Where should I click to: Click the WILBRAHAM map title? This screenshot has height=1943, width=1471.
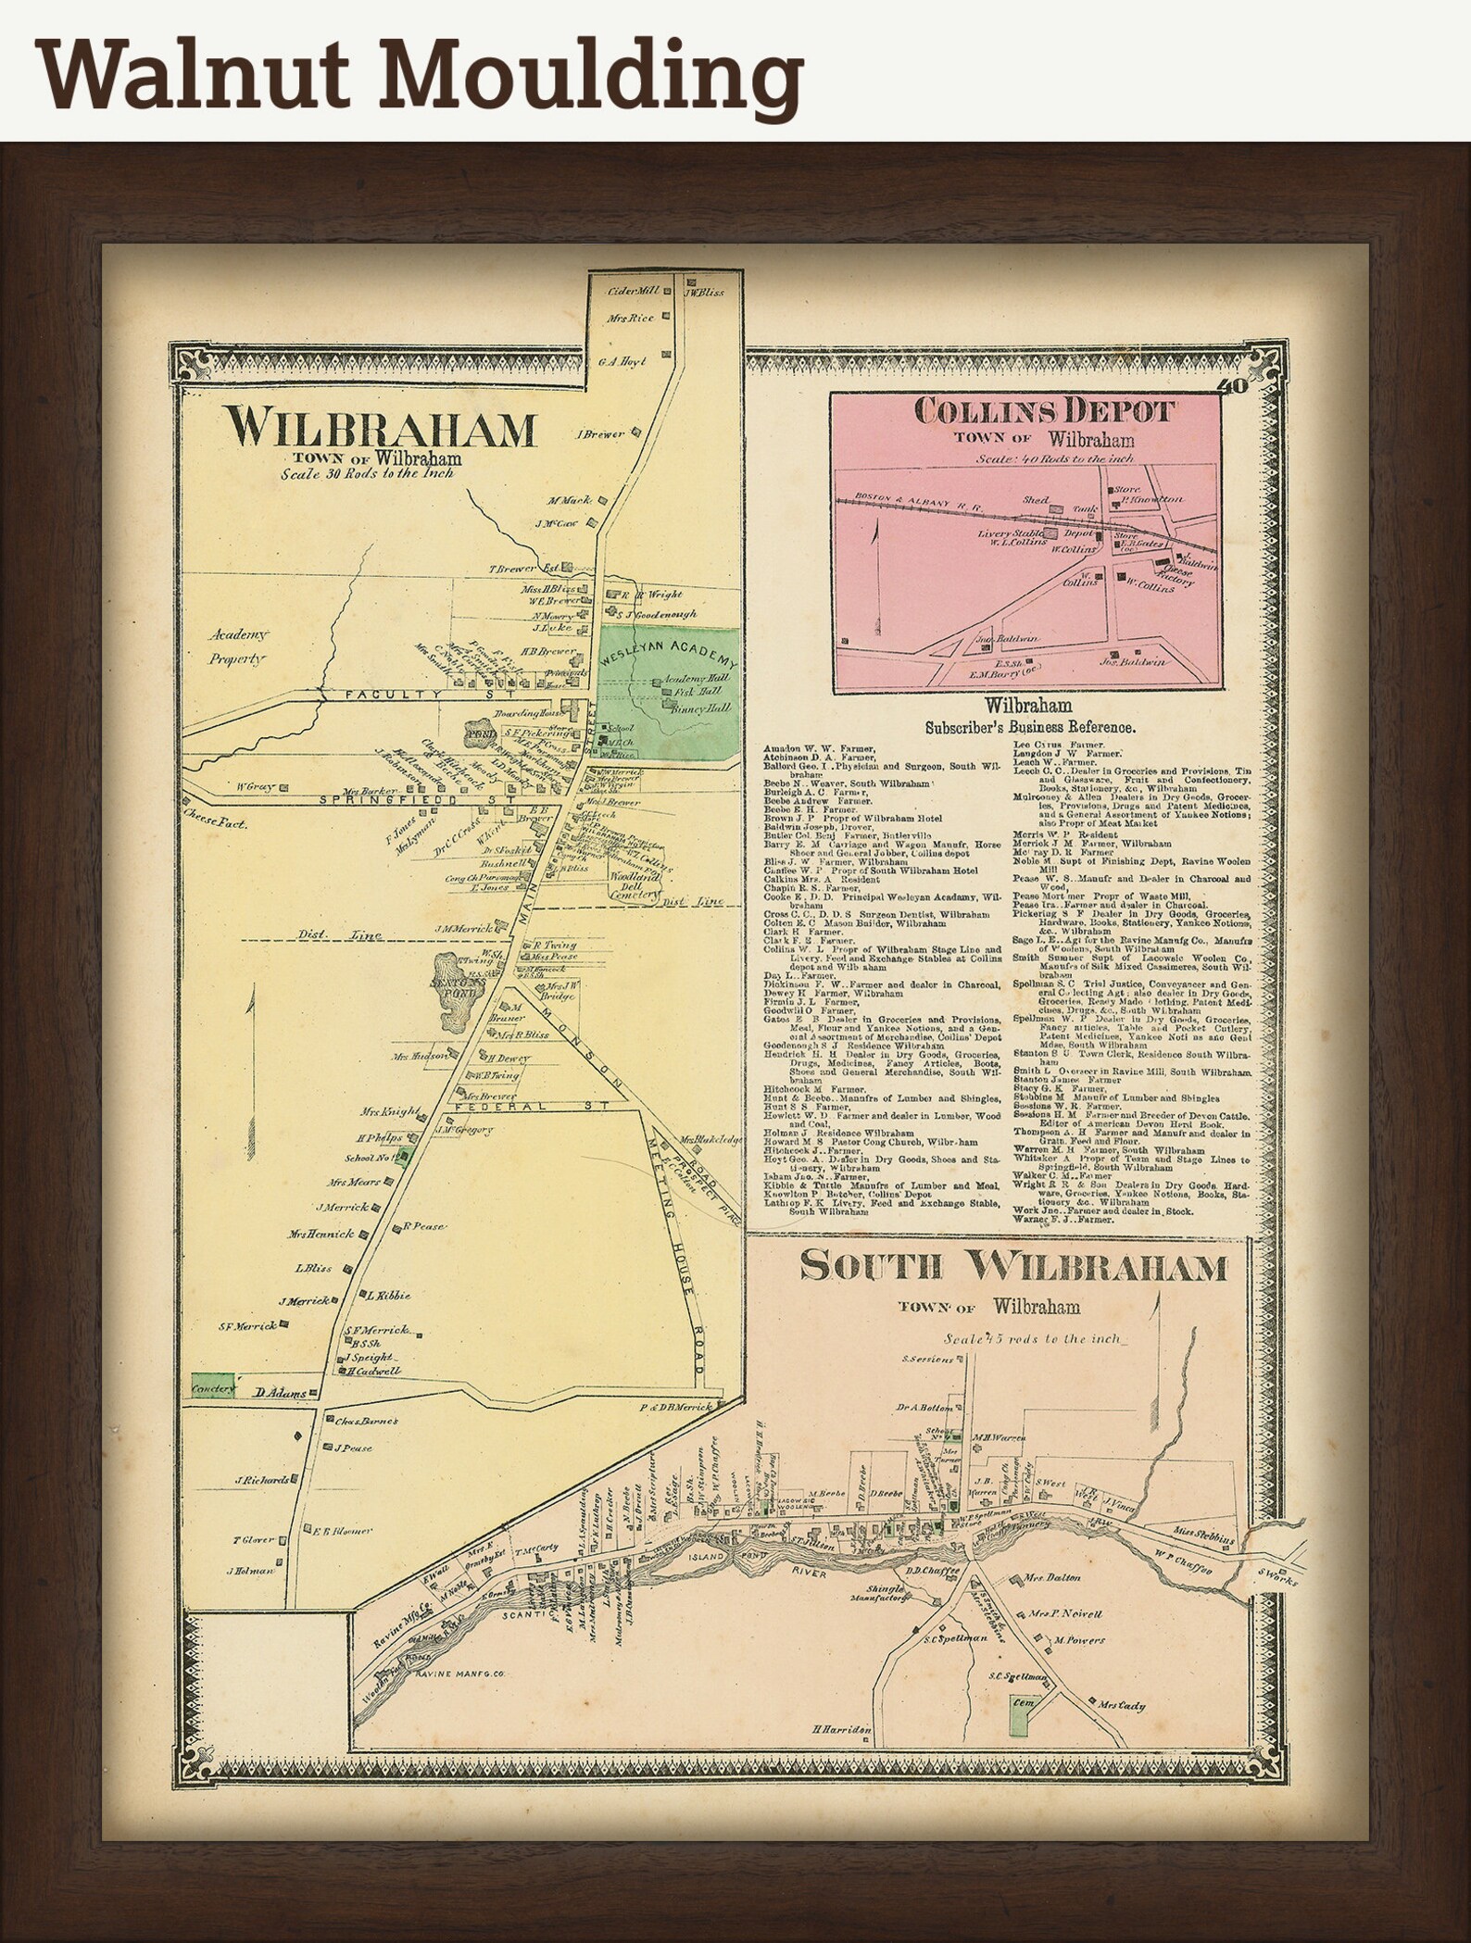(382, 427)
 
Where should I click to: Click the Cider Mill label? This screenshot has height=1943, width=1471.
(633, 290)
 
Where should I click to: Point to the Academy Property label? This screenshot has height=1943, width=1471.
(237, 646)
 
